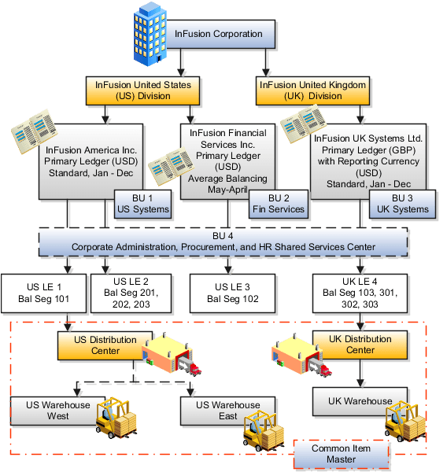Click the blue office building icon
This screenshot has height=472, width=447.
click(x=150, y=34)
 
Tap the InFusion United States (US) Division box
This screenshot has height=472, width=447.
click(x=142, y=90)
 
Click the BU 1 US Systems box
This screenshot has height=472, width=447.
click(x=142, y=204)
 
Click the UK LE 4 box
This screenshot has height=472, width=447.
click(x=359, y=292)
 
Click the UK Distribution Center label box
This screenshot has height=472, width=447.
click(x=359, y=345)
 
